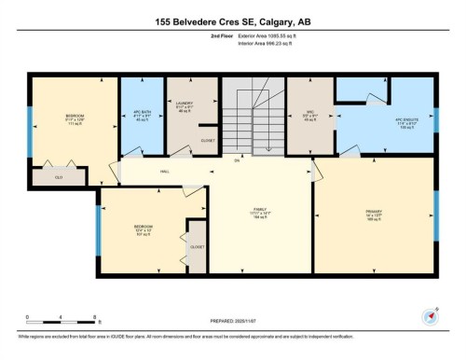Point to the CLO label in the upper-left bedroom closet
pos(57,175)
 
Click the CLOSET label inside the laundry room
pos(208,140)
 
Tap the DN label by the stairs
pos(238,161)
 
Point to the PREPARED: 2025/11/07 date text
pos(233,323)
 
